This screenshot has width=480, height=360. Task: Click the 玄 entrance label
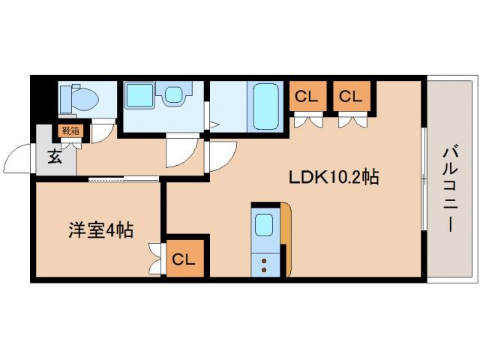56,157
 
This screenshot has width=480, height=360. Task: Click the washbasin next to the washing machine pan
175,95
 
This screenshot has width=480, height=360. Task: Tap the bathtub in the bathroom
267,106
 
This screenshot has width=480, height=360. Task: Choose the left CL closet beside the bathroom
304,96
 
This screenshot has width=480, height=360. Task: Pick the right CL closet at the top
349,96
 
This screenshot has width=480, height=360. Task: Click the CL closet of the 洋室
184,259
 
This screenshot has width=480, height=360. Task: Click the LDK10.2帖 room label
334,178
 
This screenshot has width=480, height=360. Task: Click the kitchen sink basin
264,226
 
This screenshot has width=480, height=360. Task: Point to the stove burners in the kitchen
264,262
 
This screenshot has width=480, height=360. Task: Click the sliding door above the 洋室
124,178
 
